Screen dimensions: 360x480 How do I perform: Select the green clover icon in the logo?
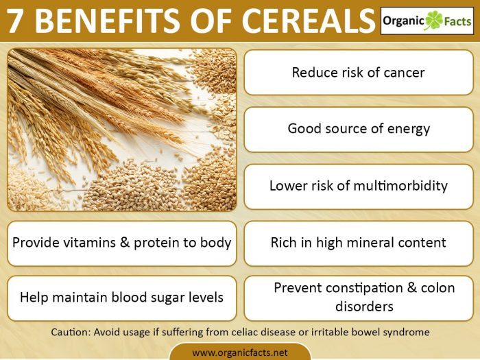[x=434, y=21]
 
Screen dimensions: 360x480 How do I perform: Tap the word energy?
[x=407, y=128]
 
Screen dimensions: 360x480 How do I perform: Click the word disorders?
[x=359, y=306]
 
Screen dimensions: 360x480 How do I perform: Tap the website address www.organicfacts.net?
[x=240, y=352]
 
